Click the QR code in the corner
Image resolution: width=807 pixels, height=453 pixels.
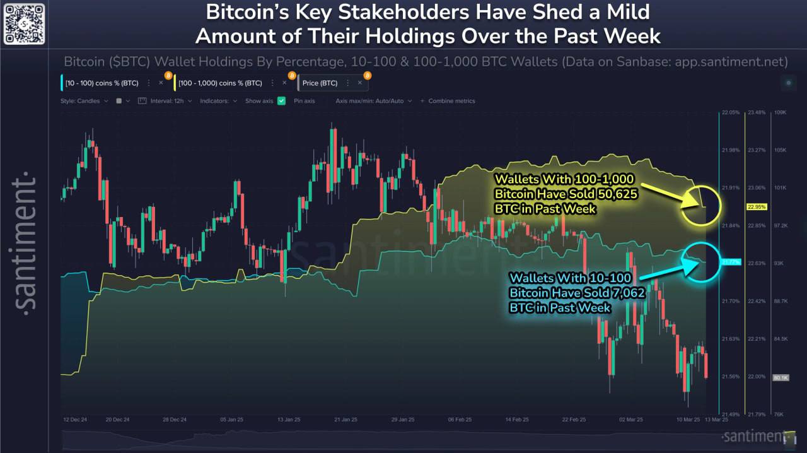click(23, 23)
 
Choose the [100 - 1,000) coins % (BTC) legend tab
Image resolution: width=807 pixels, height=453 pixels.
click(219, 83)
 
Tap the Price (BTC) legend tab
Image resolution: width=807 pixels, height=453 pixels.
click(320, 83)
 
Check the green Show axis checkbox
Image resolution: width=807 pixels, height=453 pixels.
click(282, 101)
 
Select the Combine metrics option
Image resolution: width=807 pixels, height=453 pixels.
click(451, 101)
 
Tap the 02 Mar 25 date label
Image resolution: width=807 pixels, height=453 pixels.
click(630, 420)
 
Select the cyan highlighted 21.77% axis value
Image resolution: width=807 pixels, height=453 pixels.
click(730, 261)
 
